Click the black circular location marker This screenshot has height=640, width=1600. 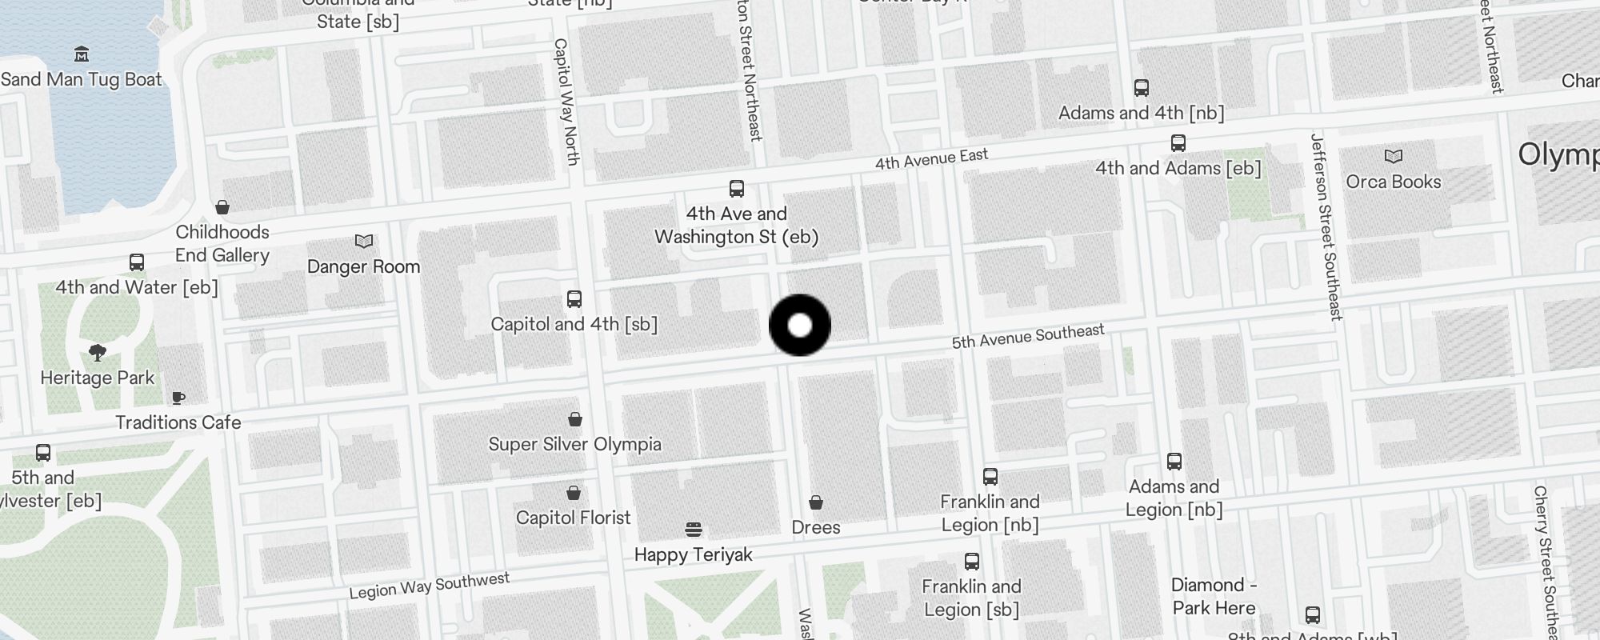coord(800,326)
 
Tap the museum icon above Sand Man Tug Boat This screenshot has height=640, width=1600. coord(81,54)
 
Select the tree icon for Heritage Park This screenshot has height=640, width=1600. coord(98,353)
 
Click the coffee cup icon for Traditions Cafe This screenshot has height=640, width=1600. coord(178,398)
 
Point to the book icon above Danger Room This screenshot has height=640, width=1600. coord(364,241)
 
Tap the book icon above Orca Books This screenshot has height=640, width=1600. coord(1394,156)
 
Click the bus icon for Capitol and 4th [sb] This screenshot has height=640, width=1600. coord(574,299)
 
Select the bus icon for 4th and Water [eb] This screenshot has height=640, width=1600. coord(137,262)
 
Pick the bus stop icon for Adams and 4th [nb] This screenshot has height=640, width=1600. coord(1142,88)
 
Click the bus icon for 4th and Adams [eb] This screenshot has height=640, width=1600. coord(1178,143)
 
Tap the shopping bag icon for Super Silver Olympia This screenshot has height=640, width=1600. coord(575,419)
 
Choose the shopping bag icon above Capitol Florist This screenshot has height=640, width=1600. coord(574,493)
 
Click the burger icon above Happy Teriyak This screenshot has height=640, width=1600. coord(694,530)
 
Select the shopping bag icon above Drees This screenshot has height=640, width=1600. coord(816,502)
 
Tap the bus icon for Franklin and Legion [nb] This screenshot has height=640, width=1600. coord(990,477)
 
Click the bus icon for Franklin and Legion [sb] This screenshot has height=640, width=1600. coord(972,562)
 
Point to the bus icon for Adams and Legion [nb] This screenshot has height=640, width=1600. coord(1174,462)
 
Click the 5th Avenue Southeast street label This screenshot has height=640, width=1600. coord(1028,337)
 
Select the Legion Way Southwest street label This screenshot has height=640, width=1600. coord(429,586)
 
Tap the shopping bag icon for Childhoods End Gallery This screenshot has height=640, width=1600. coord(222,207)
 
